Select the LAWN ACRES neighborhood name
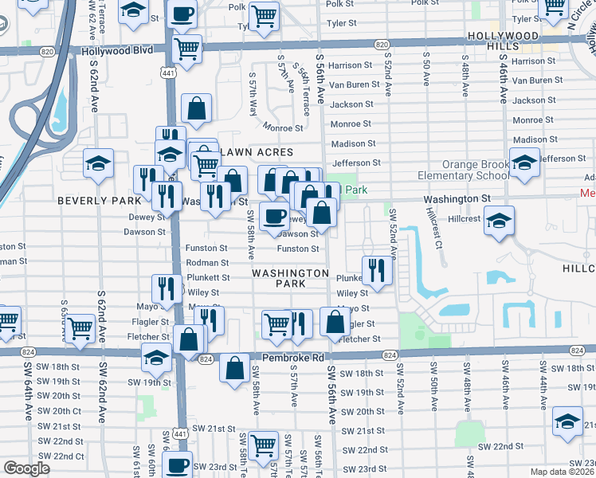(257, 151)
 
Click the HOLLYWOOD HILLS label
(504, 41)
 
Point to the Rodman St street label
(208, 263)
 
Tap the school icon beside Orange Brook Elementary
(524, 163)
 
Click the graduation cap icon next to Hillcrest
(499, 221)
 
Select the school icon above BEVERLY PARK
(98, 163)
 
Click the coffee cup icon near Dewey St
(274, 217)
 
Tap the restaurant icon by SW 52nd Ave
(377, 271)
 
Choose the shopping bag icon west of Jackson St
(196, 108)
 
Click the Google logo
(27, 468)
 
